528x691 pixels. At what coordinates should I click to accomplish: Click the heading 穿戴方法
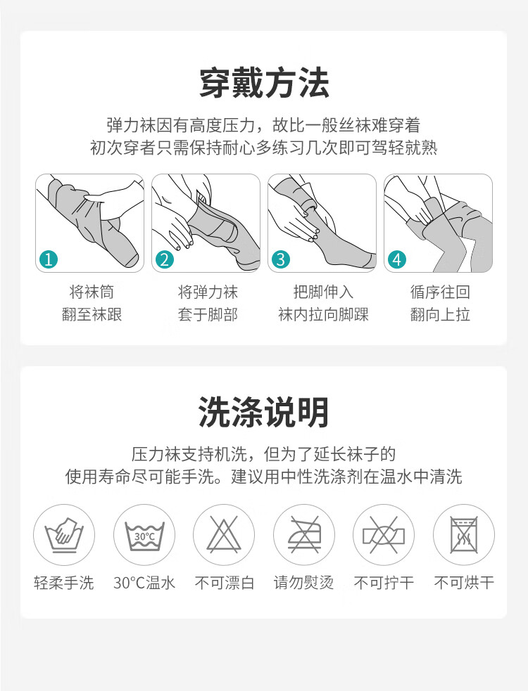click(264, 83)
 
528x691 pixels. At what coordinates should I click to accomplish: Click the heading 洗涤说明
click(263, 412)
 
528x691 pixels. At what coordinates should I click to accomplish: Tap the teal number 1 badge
click(49, 259)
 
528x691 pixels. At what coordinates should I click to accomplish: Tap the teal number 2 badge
click(165, 259)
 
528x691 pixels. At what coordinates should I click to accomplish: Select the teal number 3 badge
click(281, 259)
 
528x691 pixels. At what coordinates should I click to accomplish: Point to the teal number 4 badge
click(397, 259)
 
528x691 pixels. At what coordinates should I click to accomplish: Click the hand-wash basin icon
click(64, 535)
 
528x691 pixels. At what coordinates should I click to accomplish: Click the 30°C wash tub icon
click(144, 535)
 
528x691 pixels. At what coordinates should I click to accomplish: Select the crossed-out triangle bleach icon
click(224, 535)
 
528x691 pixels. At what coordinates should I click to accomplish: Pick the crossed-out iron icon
click(303, 535)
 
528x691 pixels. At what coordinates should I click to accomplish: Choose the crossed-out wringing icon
click(384, 535)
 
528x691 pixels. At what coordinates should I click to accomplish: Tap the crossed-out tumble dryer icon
click(463, 535)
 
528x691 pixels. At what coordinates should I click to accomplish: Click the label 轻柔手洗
click(64, 583)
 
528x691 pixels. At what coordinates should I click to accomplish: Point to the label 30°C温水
click(144, 583)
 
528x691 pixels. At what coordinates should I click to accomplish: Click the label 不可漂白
click(225, 583)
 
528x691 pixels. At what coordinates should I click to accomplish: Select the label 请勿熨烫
click(303, 583)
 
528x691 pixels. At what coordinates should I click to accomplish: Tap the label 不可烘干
click(464, 583)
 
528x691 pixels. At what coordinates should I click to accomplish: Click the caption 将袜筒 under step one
click(92, 292)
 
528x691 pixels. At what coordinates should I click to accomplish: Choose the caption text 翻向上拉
click(440, 315)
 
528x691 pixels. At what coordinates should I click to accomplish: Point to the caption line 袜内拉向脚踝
click(324, 315)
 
